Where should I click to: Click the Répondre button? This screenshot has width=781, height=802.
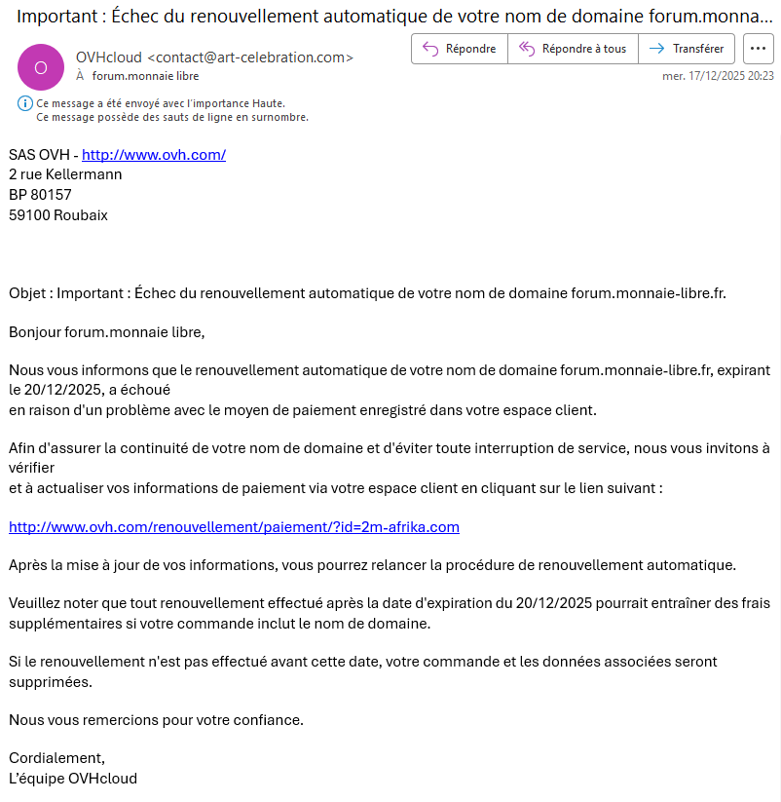click(x=459, y=49)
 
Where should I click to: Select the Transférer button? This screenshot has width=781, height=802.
click(x=688, y=49)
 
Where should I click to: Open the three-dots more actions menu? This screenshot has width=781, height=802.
click(x=758, y=49)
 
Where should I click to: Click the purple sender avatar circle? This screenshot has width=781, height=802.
click(x=40, y=66)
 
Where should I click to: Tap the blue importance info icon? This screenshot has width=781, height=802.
click(x=24, y=103)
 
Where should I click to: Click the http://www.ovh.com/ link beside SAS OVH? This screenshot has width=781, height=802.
click(x=154, y=154)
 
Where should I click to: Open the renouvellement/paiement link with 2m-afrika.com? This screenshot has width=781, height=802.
click(x=234, y=527)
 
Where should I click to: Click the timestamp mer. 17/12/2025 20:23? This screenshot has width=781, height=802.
click(x=718, y=76)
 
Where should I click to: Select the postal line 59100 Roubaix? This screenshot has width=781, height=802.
click(x=58, y=214)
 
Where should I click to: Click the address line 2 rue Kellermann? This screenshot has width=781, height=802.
click(x=65, y=174)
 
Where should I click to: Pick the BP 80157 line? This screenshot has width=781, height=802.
click(x=40, y=194)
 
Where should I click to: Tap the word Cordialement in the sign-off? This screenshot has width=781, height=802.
click(x=56, y=758)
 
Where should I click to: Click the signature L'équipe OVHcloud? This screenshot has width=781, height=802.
click(x=73, y=778)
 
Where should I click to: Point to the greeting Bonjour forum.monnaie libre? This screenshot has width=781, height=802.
click(x=107, y=331)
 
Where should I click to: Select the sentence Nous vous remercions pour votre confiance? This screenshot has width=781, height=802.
click(x=156, y=720)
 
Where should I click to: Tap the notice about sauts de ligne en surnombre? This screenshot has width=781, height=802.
click(x=172, y=117)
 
